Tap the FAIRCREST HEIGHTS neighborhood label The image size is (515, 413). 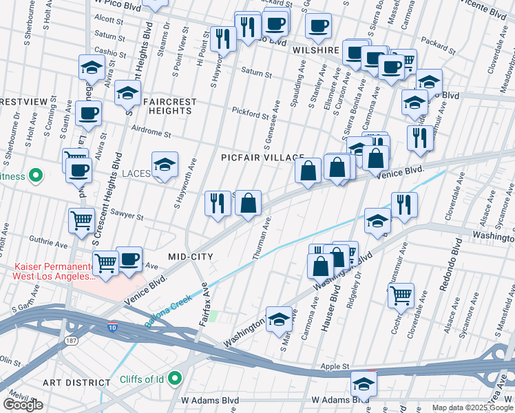click(x=169, y=106)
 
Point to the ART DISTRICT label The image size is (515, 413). click(x=76, y=382)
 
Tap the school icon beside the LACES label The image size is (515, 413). click(x=165, y=165)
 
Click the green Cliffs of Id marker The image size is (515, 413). click(x=175, y=378)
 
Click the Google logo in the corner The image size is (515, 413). click(x=23, y=405)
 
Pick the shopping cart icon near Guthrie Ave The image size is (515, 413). click(x=81, y=221)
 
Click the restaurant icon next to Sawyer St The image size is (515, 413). click(x=218, y=203)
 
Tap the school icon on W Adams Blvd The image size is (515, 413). click(x=364, y=385)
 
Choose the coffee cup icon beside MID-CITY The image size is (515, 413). click(x=129, y=260)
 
